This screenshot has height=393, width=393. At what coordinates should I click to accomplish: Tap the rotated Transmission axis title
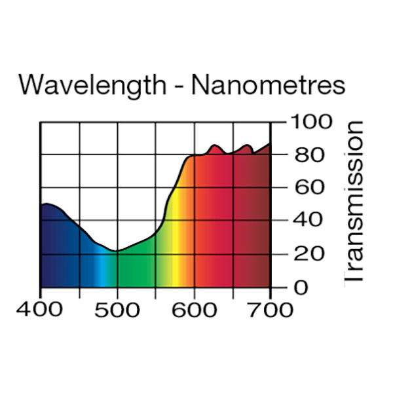(x=354, y=202)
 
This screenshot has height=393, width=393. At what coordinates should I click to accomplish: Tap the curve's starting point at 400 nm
(x=41, y=206)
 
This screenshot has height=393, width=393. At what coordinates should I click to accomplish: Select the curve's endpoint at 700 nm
(x=270, y=143)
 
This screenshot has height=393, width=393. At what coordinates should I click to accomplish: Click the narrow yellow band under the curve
(x=175, y=262)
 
